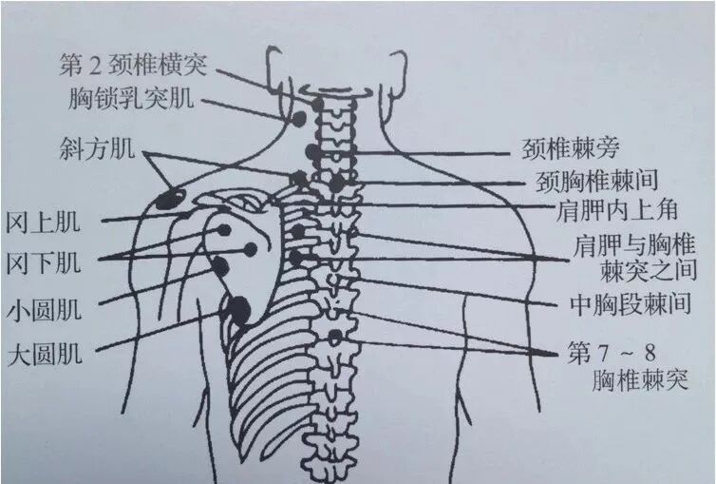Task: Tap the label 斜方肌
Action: tap(97, 148)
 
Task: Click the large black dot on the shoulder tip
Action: tap(172, 198)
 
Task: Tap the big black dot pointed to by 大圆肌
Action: tap(238, 308)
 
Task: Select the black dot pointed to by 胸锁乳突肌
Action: tap(297, 121)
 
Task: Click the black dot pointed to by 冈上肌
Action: tap(223, 230)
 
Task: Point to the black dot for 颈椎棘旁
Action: tap(312, 153)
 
